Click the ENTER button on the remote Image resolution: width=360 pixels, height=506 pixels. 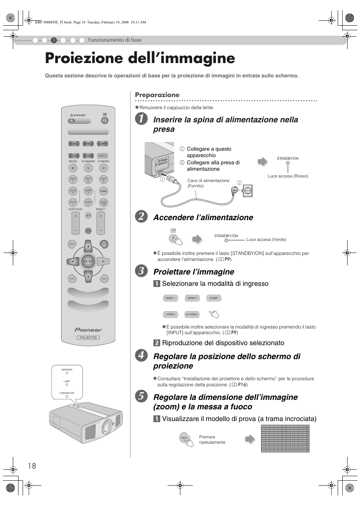88,261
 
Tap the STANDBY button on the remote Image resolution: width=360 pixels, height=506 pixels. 71,121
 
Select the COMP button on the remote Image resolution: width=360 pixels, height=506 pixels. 102,144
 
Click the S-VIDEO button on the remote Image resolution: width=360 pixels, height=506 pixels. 88,156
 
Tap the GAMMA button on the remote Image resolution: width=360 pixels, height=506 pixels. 103,191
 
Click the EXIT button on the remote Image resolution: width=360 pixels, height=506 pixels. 104,244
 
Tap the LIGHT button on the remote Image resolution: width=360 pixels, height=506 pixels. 104,279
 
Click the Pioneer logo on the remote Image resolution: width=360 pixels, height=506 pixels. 88,330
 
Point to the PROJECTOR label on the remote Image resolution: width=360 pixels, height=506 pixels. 88,338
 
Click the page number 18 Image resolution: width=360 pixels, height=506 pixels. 32,466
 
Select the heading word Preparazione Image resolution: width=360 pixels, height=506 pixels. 157,95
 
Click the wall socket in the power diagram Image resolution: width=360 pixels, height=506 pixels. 248,191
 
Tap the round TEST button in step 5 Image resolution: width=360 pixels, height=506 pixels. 184,438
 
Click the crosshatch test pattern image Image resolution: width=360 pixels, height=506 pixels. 285,438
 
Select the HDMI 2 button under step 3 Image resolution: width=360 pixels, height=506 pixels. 192,298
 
